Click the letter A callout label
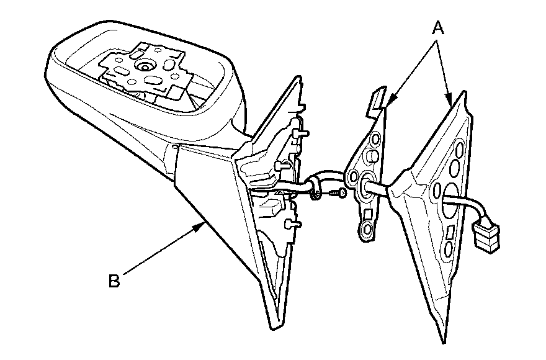439,28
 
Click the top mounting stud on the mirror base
302,133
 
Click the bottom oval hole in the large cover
447,251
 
